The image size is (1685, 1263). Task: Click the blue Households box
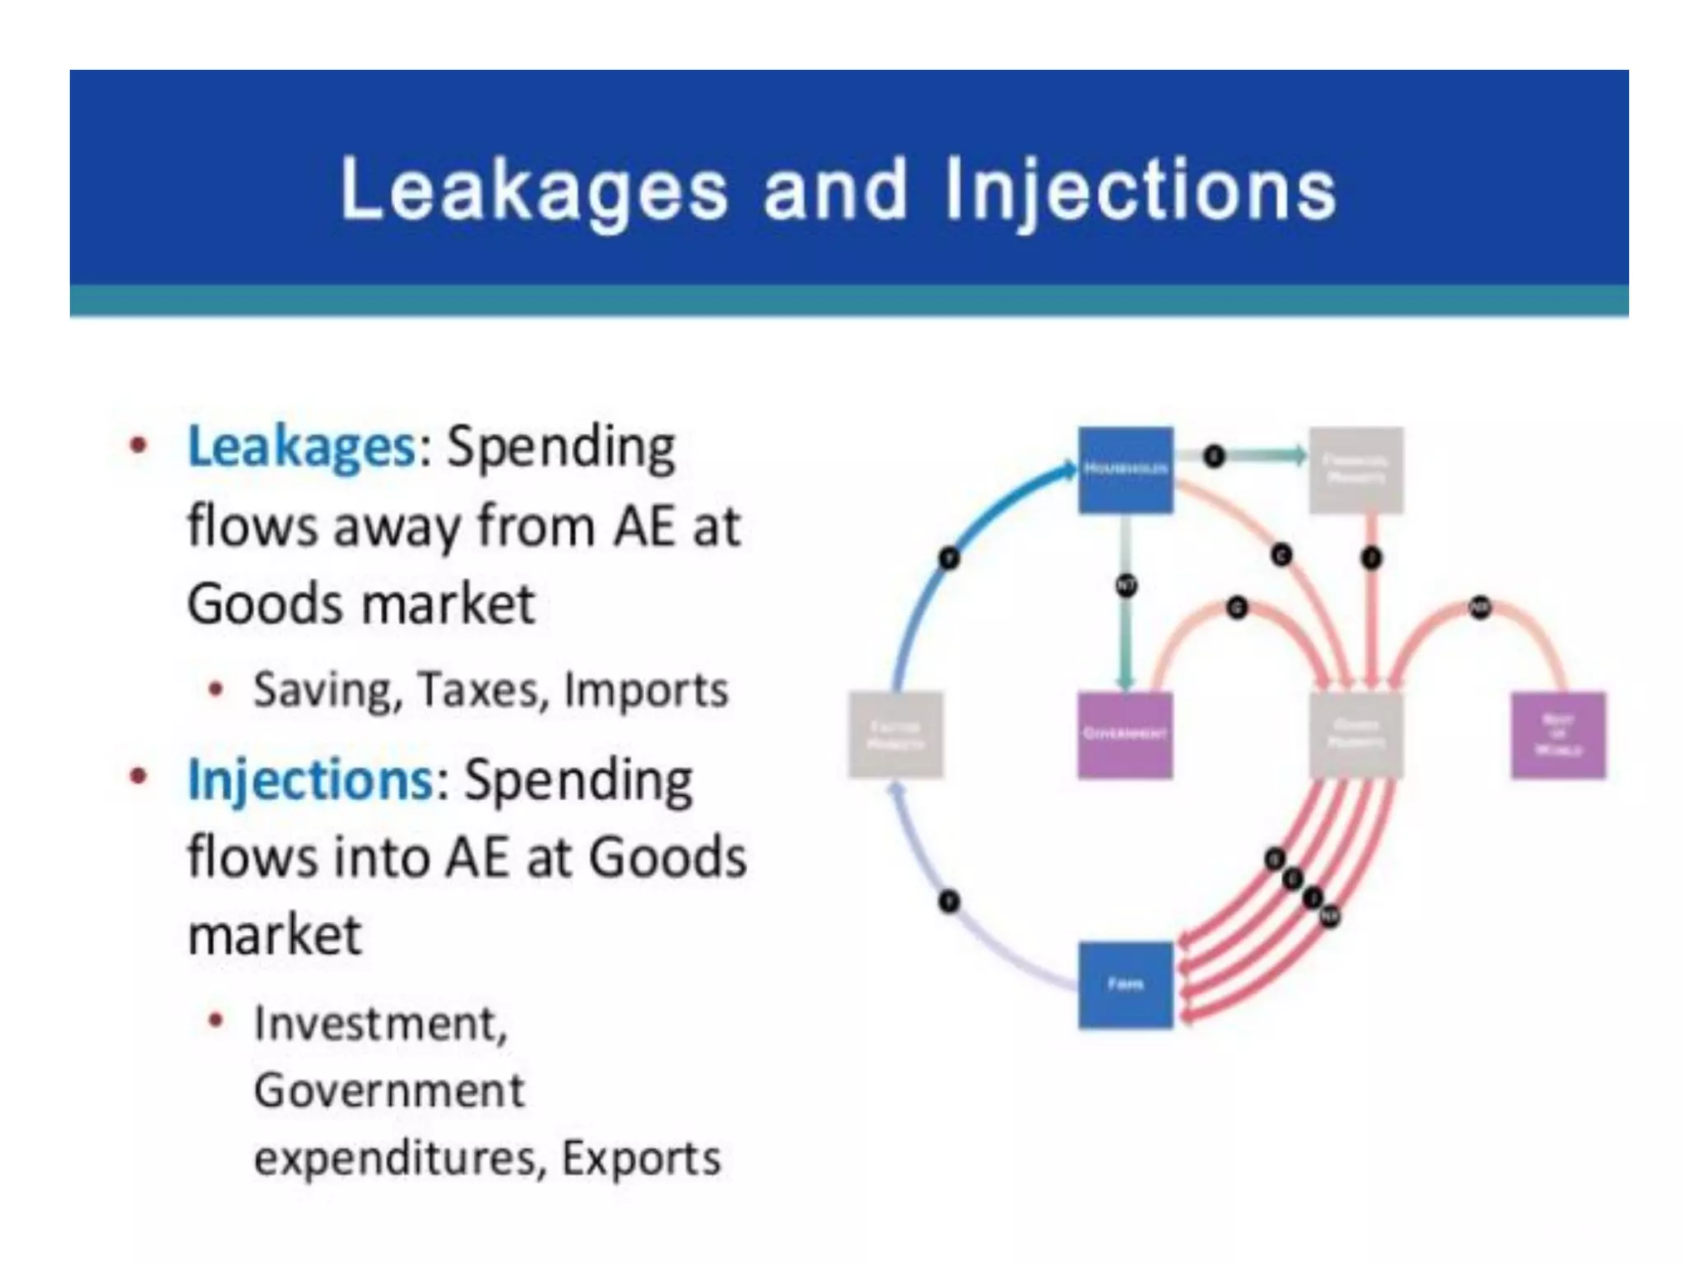tap(1125, 470)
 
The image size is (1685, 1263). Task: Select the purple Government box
tap(1125, 734)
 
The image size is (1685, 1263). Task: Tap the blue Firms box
tap(1125, 984)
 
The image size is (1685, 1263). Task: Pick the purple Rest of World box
tap(1558, 734)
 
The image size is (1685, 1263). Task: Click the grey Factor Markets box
tap(895, 734)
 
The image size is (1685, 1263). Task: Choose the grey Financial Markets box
tap(1356, 470)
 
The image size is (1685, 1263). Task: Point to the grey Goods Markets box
tap(1356, 734)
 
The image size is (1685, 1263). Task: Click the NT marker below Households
tap(1126, 585)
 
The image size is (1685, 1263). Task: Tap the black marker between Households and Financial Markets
tap(1214, 456)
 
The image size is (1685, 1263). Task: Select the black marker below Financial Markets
tap(1371, 558)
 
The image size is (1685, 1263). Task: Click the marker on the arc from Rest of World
tap(1480, 608)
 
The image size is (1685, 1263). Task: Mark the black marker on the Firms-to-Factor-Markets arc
tap(949, 902)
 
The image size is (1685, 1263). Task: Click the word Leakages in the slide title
tap(534, 191)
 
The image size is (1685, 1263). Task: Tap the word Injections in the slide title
tap(1140, 191)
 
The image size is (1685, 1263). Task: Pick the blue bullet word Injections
tap(310, 780)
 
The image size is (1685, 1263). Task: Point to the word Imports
tap(646, 689)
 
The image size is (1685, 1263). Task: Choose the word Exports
tap(641, 1158)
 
